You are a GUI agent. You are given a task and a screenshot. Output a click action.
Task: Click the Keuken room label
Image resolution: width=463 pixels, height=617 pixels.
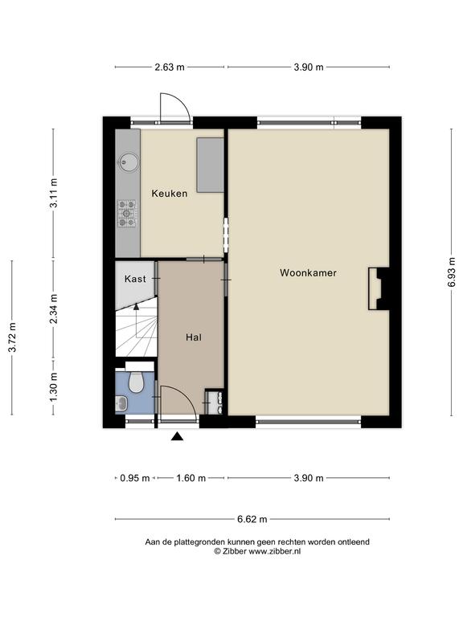(x=170, y=194)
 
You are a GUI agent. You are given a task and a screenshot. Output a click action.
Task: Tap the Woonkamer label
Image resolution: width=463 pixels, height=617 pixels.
(x=308, y=272)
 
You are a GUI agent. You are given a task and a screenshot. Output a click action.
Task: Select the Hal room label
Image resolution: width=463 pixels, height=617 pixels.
(x=194, y=337)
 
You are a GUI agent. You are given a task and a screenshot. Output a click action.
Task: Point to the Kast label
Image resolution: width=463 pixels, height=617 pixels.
(x=135, y=279)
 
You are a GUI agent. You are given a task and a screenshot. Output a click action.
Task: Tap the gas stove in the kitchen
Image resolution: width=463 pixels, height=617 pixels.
(x=126, y=214)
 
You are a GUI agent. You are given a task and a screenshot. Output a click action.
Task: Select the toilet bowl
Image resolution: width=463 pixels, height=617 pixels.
(x=136, y=382)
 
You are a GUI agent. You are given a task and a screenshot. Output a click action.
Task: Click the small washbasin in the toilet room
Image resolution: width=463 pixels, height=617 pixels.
(x=121, y=402)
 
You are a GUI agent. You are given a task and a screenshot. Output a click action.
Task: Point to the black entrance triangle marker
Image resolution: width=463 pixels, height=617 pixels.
(x=177, y=436)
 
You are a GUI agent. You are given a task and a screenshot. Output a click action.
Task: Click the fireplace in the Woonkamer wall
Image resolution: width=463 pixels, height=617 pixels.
(x=379, y=288)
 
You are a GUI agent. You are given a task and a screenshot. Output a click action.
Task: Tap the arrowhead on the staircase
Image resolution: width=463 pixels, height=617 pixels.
(x=136, y=307)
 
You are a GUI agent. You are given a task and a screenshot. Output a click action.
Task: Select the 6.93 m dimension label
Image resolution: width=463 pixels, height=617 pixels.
(x=452, y=272)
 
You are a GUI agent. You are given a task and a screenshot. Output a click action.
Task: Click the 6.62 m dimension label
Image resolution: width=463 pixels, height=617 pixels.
(x=252, y=520)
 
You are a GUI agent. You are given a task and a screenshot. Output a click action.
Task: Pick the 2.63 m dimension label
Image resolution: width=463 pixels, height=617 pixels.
(x=170, y=67)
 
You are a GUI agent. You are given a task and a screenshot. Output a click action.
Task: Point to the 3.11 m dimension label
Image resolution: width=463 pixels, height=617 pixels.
(x=54, y=193)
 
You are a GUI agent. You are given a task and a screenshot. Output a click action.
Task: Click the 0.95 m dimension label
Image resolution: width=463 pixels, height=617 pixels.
(x=135, y=478)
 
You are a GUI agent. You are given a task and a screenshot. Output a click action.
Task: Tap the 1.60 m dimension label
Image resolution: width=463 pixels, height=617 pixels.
(x=191, y=478)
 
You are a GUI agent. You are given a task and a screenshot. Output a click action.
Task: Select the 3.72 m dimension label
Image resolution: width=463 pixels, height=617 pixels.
(x=13, y=337)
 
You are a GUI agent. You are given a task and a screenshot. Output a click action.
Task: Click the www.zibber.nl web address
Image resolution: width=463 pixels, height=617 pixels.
(x=274, y=551)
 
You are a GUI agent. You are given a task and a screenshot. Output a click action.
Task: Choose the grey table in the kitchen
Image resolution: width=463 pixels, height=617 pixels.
(x=211, y=165)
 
